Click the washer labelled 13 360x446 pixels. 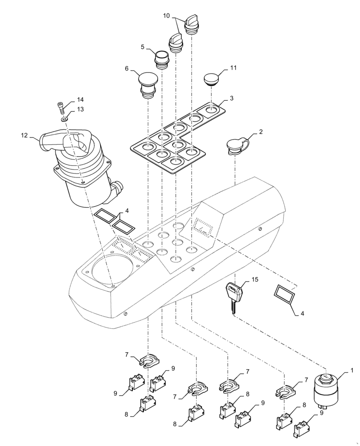[65, 119]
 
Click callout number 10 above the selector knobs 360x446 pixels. [166, 16]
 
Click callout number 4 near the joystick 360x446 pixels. [127, 210]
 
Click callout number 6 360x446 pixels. [127, 69]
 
